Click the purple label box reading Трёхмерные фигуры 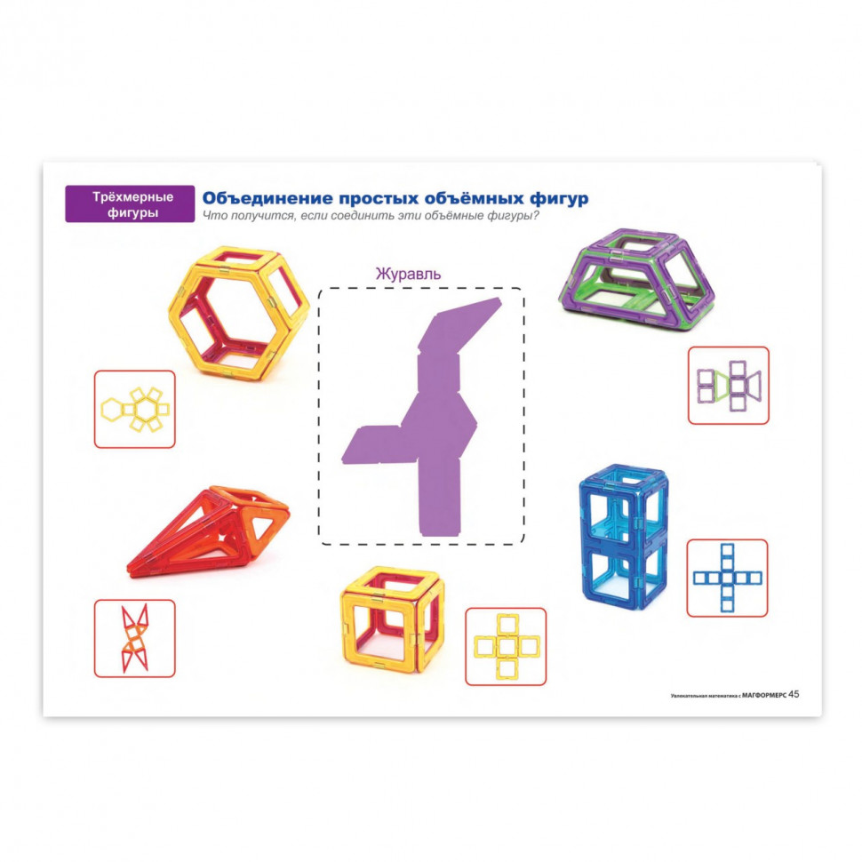coord(130,204)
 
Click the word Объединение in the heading coord(267,198)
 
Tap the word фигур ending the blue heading coord(559,199)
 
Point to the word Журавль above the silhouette coord(408,273)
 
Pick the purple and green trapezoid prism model coord(636,280)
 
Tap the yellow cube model coord(392,619)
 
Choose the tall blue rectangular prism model coord(624,538)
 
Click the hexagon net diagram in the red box coord(135,410)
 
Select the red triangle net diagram coord(135,638)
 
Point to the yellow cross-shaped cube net coord(506,647)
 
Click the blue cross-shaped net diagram coord(727,578)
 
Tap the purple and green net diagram coord(729,386)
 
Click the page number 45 coord(794,694)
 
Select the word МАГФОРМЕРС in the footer coord(764,695)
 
